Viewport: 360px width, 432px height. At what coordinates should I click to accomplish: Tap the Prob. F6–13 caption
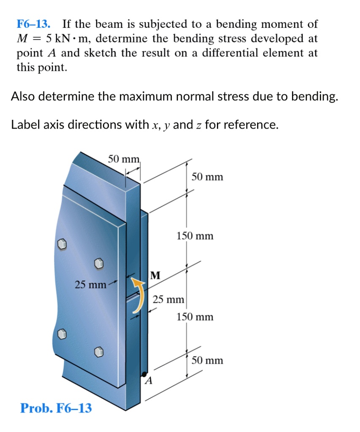[56, 408]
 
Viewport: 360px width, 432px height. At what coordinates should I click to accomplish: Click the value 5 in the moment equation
[49, 38]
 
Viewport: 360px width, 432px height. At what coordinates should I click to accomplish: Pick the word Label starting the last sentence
[25, 125]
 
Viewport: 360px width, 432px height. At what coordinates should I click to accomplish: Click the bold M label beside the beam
[155, 276]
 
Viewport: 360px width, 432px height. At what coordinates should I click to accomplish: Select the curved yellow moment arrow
[139, 295]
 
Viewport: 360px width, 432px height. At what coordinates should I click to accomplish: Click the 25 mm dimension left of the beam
[90, 285]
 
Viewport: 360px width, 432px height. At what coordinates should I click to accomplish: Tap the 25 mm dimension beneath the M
[168, 300]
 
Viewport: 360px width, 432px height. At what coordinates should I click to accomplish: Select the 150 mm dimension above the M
[195, 236]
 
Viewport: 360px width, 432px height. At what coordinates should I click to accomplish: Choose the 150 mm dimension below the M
[195, 316]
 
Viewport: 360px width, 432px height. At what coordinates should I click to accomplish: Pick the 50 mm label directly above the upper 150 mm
[207, 176]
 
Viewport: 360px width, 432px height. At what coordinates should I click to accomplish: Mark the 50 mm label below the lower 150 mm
[207, 360]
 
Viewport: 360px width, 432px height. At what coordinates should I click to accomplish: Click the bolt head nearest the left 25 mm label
[98, 264]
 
